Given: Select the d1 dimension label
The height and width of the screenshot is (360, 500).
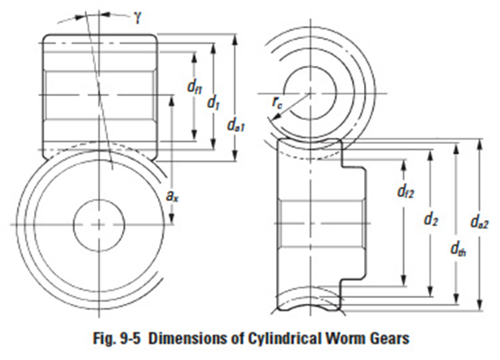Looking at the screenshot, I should pos(213,101).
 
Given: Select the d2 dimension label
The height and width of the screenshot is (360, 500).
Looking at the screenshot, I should pos(431,220).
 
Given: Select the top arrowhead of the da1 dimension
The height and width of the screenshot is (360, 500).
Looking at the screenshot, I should pos(234,37).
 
